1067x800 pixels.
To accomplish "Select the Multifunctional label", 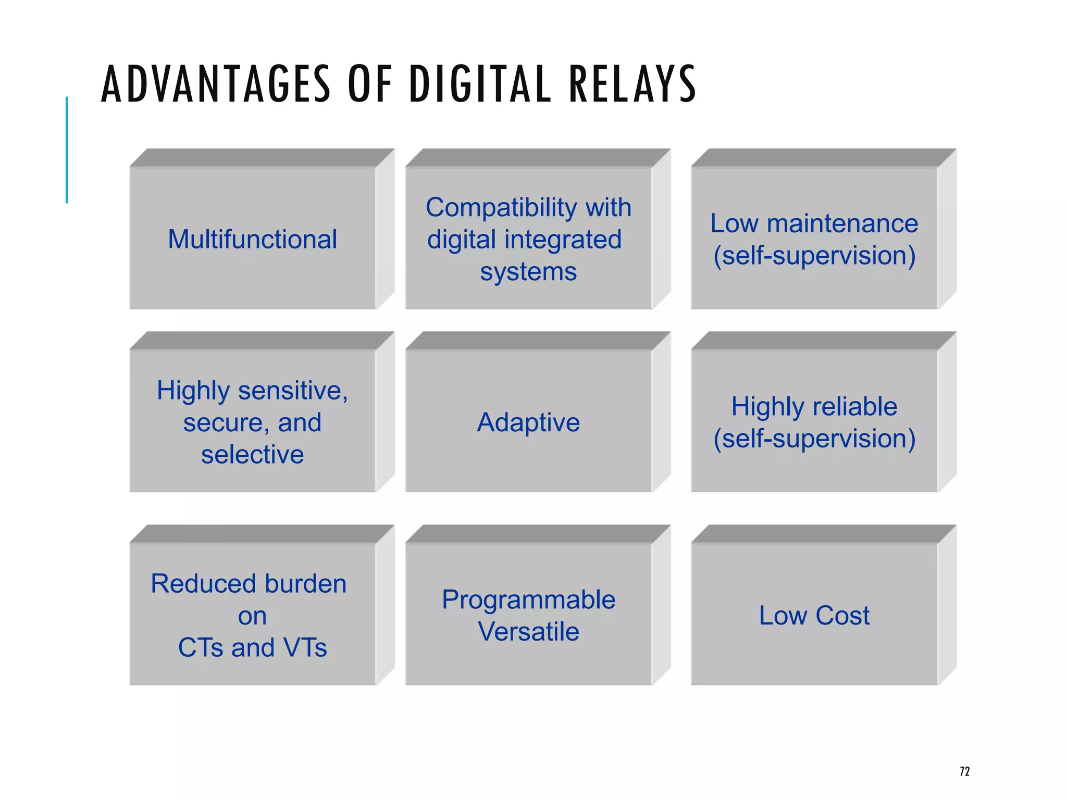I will coord(252,240).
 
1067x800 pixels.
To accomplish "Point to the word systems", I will coord(528,272).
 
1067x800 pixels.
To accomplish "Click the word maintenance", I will coord(842,224).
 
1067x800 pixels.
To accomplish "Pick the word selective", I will coord(252,455).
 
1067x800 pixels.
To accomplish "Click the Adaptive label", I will coord(528,422).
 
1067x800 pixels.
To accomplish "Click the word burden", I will coord(305,584).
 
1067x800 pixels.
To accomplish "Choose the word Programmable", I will coord(528,600).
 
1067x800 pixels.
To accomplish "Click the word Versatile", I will coord(528,632).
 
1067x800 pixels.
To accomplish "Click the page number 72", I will coord(964,771).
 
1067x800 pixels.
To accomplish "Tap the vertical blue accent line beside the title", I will coord(67,150).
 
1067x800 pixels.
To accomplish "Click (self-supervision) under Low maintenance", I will coord(814,256).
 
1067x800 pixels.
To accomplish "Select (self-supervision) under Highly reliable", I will coord(814,439).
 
